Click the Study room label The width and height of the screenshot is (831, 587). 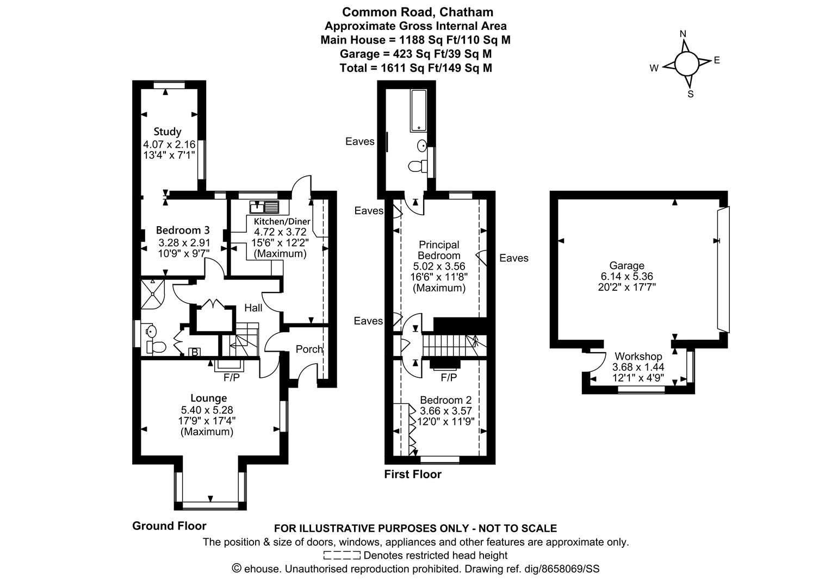pyautogui.click(x=168, y=132)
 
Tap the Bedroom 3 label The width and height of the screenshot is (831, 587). pyautogui.click(x=183, y=230)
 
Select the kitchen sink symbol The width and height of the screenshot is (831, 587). pyautogui.click(x=264, y=207)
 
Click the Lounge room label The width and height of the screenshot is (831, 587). pyautogui.click(x=208, y=398)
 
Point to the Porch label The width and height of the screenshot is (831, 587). pyautogui.click(x=309, y=349)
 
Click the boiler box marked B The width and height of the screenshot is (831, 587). pyautogui.click(x=194, y=352)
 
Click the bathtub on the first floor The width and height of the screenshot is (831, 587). pyautogui.click(x=419, y=110)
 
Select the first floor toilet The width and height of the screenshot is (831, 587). pyautogui.click(x=418, y=166)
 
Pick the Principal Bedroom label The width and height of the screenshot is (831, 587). pyautogui.click(x=439, y=250)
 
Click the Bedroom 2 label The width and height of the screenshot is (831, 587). pyautogui.click(x=445, y=400)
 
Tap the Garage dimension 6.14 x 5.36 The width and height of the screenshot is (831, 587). pyautogui.click(x=627, y=276)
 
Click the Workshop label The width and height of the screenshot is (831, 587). pyautogui.click(x=638, y=357)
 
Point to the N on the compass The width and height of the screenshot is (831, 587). pyautogui.click(x=683, y=34)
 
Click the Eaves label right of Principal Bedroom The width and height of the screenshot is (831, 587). pyautogui.click(x=514, y=258)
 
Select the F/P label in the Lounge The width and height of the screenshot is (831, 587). pyautogui.click(x=232, y=378)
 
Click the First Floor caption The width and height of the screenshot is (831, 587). pyautogui.click(x=413, y=474)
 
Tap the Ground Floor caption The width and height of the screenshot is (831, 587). pyautogui.click(x=169, y=526)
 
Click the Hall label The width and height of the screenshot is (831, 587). pyautogui.click(x=253, y=308)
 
